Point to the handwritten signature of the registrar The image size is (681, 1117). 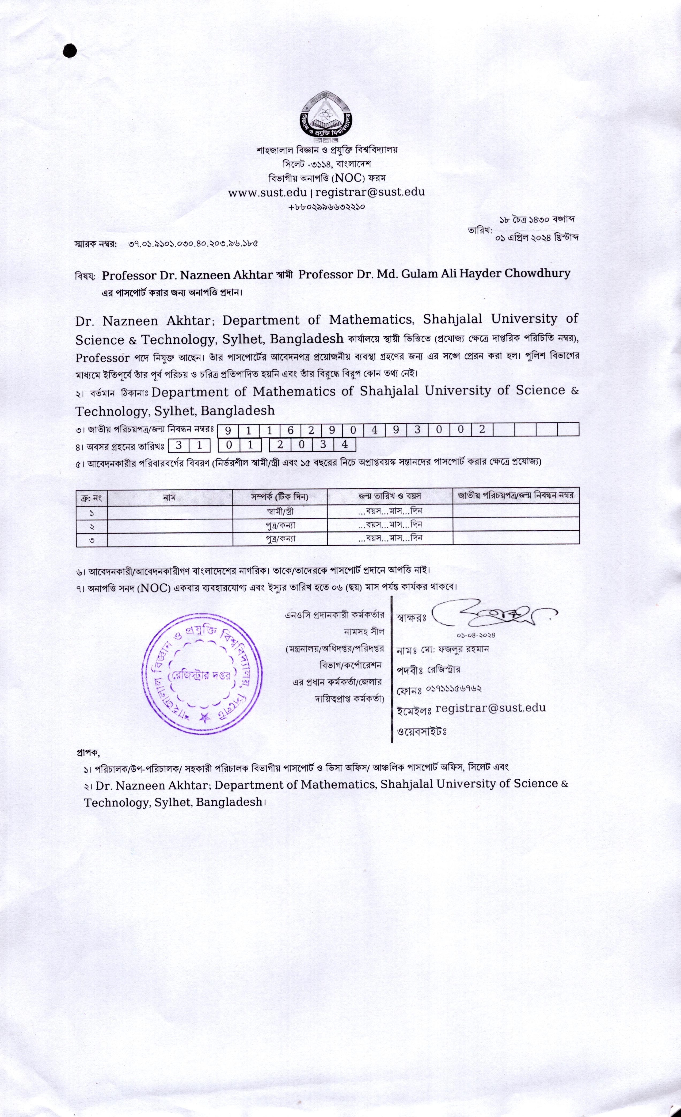(492, 616)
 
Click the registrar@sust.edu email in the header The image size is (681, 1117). (370, 192)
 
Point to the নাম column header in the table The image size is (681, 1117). (170, 497)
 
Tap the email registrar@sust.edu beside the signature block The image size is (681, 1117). (490, 708)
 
